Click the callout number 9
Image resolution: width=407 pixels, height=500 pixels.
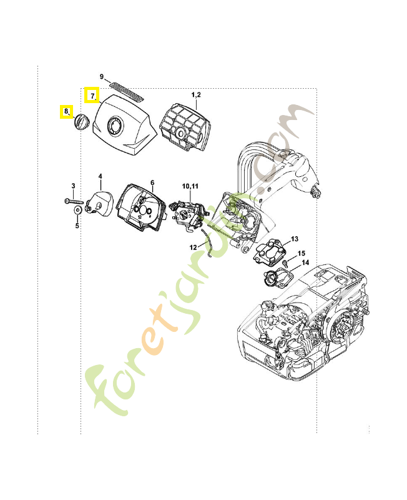(x=102, y=76)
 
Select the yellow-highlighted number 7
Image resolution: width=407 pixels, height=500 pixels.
(x=92, y=96)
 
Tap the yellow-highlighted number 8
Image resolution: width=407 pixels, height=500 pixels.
(x=66, y=111)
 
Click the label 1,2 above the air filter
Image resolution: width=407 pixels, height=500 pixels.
(x=196, y=95)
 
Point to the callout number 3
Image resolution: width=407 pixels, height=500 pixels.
(x=73, y=186)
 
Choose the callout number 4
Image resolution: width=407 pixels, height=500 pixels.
(x=101, y=176)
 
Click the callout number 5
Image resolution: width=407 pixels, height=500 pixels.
(x=77, y=226)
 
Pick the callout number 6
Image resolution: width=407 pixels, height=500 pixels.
(x=152, y=182)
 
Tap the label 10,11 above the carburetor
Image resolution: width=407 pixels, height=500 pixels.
(x=190, y=186)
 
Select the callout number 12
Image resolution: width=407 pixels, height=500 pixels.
(x=194, y=247)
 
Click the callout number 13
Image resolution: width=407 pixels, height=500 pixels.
(x=295, y=239)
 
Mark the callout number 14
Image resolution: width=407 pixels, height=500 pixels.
(x=305, y=262)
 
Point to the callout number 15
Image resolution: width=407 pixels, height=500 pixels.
(x=302, y=253)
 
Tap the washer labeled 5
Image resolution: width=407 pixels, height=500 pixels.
(x=77, y=211)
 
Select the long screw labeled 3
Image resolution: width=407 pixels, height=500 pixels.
(x=74, y=201)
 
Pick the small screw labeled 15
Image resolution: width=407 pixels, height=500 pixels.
(x=285, y=263)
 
